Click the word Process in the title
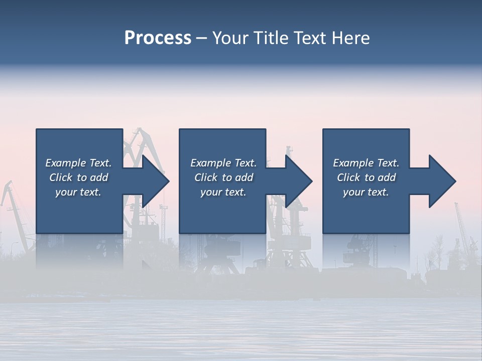click(158, 38)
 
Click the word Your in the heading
click(230, 38)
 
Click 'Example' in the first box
click(65, 163)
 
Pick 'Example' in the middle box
click(210, 163)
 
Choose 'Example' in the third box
click(353, 163)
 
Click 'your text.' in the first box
click(78, 192)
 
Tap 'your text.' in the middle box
click(223, 192)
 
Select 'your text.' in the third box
click(366, 192)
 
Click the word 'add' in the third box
click(387, 177)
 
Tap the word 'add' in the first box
click(99, 177)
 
